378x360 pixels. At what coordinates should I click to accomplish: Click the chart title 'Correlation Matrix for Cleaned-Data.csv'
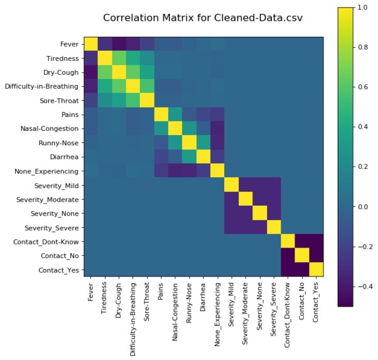pyautogui.click(x=203, y=18)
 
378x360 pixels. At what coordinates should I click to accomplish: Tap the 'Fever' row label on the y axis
pyautogui.click(x=69, y=44)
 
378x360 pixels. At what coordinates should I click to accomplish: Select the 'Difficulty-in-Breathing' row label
pyautogui.click(x=42, y=86)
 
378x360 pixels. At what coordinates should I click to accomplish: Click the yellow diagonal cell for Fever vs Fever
pyautogui.click(x=90, y=44)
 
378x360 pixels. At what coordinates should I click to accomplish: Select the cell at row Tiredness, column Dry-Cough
pyautogui.click(x=119, y=58)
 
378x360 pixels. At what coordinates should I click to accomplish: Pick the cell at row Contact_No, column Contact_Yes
pyautogui.click(x=316, y=256)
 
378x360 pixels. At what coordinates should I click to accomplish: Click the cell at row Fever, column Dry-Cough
pyautogui.click(x=119, y=44)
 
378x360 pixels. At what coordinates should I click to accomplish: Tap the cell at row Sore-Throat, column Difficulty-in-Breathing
pyautogui.click(x=133, y=101)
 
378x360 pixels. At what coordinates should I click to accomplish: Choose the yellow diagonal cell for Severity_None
pyautogui.click(x=260, y=214)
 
